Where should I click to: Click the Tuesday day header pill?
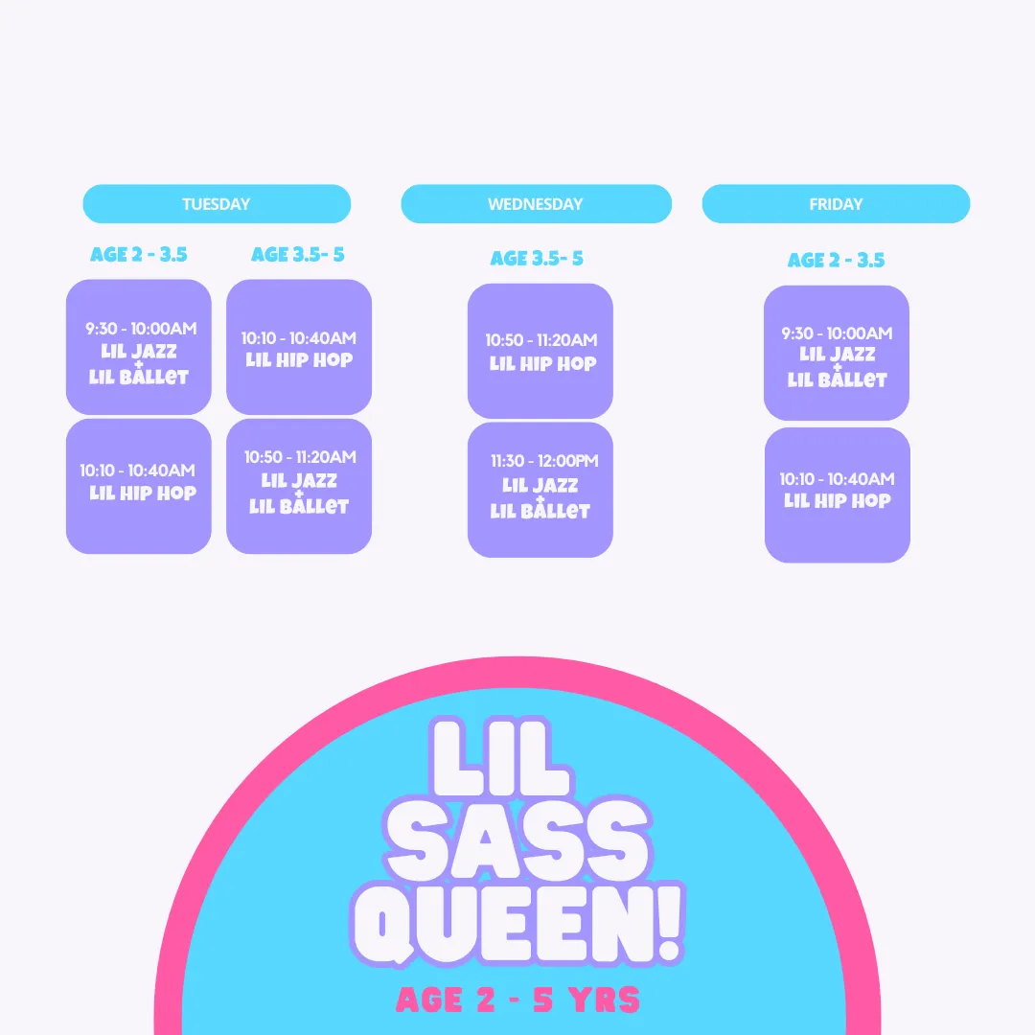(217, 204)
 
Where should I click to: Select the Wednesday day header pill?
(536, 204)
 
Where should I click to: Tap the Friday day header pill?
(836, 204)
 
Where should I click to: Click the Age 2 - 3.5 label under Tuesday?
(139, 255)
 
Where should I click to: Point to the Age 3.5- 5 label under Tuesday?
(298, 255)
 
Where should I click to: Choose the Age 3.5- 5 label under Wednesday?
(537, 259)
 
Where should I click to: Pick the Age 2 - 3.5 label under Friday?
(836, 261)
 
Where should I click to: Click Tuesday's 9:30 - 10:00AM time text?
(141, 329)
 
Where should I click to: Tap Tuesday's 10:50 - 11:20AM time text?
(300, 457)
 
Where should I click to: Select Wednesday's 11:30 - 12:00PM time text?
(544, 461)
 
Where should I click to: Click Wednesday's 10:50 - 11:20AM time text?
(541, 340)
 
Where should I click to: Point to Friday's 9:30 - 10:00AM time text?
(837, 333)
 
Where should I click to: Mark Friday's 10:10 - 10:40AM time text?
(837, 479)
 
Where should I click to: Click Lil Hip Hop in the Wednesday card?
(542, 364)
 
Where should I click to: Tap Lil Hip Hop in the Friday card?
(837, 501)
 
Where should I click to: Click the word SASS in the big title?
(518, 840)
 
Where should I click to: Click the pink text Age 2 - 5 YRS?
(518, 1000)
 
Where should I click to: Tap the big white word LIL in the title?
(499, 758)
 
